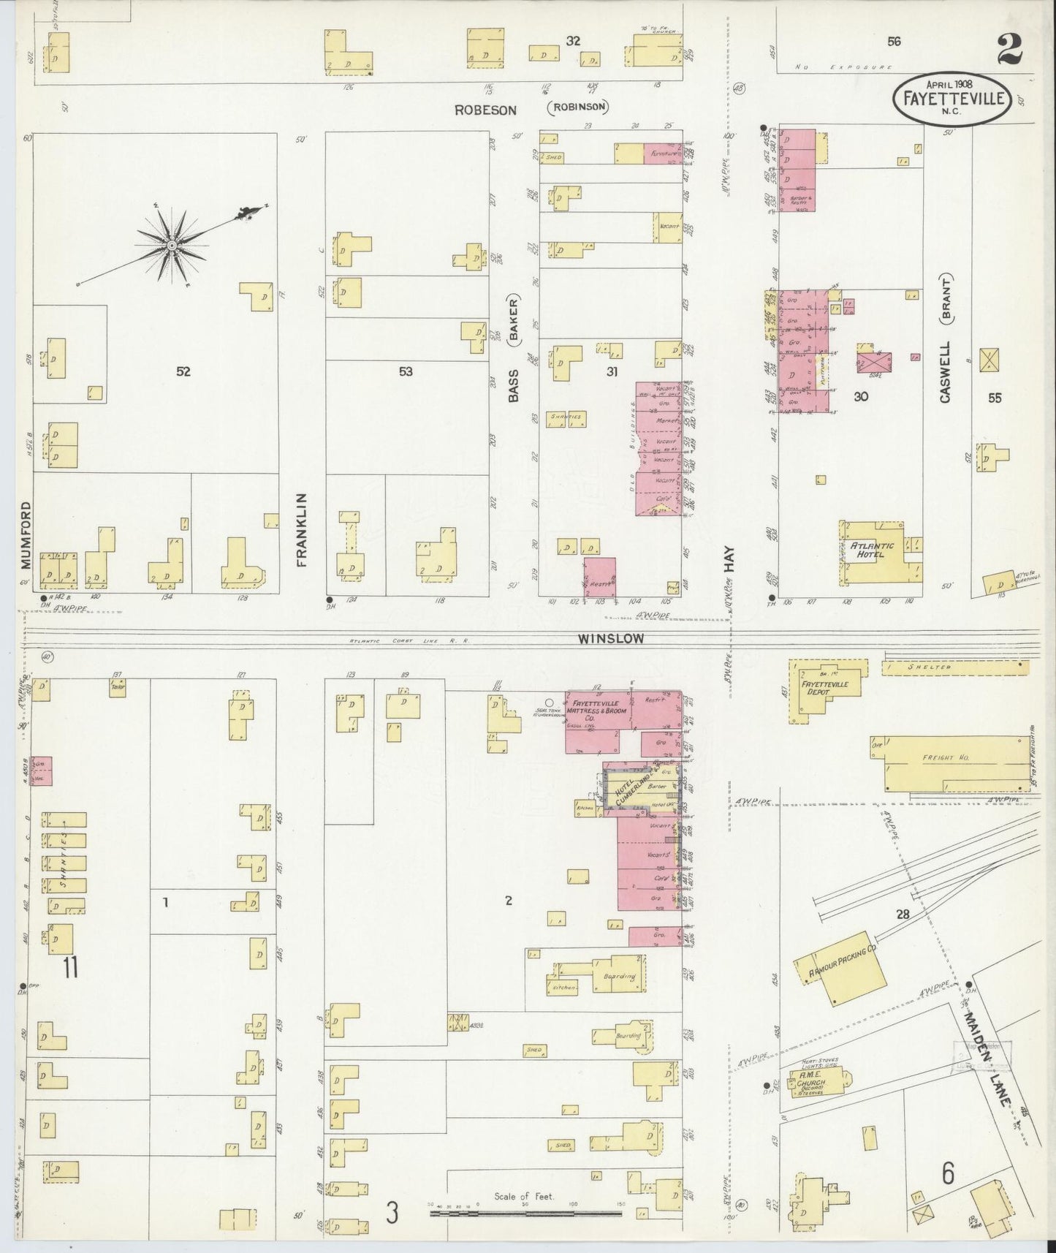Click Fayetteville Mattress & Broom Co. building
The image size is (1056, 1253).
pos(598,710)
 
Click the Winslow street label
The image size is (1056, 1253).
pos(611,639)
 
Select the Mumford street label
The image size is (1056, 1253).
pos(26,534)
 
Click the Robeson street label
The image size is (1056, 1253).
pos(485,110)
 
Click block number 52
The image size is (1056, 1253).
pos(183,371)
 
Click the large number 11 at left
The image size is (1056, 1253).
pos(70,967)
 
